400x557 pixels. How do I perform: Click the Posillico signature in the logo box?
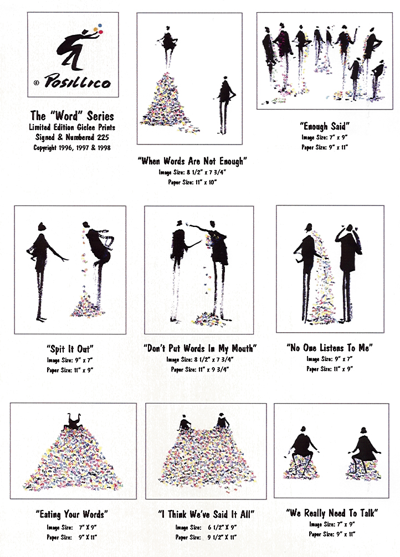(x=77, y=81)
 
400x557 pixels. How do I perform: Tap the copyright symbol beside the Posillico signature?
(x=36, y=83)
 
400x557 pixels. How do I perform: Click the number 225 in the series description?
(x=102, y=137)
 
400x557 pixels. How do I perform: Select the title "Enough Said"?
(x=325, y=126)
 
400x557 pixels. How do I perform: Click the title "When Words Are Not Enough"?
(x=192, y=161)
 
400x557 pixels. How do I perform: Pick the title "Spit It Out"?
(x=70, y=349)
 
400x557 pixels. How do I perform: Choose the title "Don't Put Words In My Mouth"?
(x=200, y=348)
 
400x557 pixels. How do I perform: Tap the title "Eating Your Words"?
(x=71, y=514)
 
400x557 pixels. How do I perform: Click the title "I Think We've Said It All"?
(x=206, y=514)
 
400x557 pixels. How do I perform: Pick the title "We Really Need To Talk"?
(x=332, y=513)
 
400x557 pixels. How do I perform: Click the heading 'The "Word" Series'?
(x=72, y=116)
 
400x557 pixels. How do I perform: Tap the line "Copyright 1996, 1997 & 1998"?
(x=72, y=147)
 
